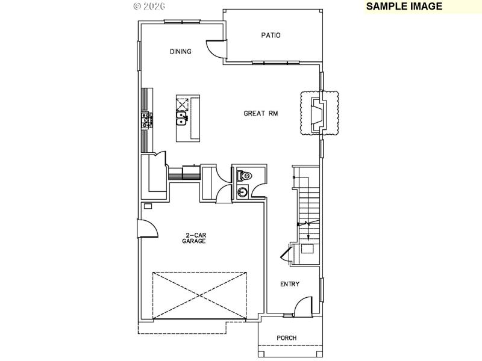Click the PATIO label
(271, 35)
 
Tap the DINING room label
(180, 52)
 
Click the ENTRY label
(290, 285)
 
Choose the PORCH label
(287, 338)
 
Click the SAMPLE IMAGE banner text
(404, 7)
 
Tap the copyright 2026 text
(149, 6)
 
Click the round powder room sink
(242, 193)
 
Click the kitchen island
(187, 118)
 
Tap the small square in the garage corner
(148, 206)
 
